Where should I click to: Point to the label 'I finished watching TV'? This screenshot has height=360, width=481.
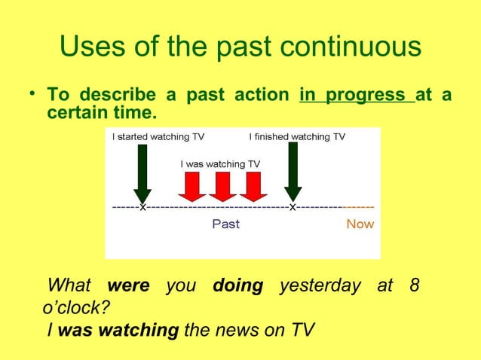click(x=297, y=137)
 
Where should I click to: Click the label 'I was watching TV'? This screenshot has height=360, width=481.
click(x=220, y=163)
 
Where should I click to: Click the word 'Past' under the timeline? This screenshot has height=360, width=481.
click(x=225, y=224)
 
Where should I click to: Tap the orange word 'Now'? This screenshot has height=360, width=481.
click(x=360, y=224)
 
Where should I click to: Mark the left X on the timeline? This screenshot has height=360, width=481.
click(x=142, y=208)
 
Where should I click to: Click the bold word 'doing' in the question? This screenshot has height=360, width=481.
click(x=237, y=286)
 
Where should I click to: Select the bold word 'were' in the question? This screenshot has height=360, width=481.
click(x=129, y=286)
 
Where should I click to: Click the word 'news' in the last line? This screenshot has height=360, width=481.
click(x=236, y=330)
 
